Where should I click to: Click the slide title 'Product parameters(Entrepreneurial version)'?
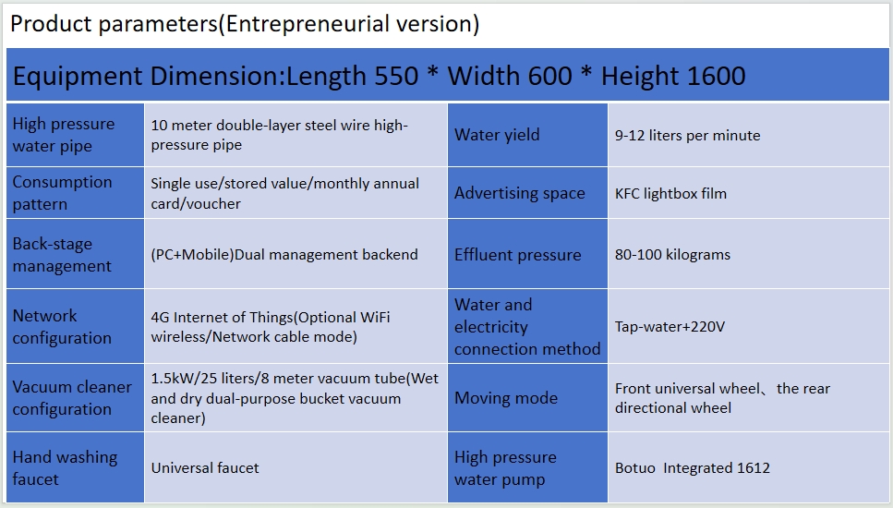coord(245,25)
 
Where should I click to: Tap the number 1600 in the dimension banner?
coord(717,77)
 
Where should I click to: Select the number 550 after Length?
coord(396,77)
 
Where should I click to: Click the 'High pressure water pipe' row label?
coord(63,135)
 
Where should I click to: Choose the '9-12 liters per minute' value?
coord(687,136)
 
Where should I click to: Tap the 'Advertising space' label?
coord(519,194)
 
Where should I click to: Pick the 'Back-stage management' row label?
coord(62,255)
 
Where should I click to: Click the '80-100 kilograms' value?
coord(672,255)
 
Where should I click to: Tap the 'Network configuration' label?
coord(62,326)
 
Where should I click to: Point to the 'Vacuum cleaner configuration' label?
coord(72,397)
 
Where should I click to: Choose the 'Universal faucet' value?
coord(205,468)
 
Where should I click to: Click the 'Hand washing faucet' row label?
coord(65,468)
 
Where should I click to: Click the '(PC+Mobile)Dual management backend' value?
coord(284,255)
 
